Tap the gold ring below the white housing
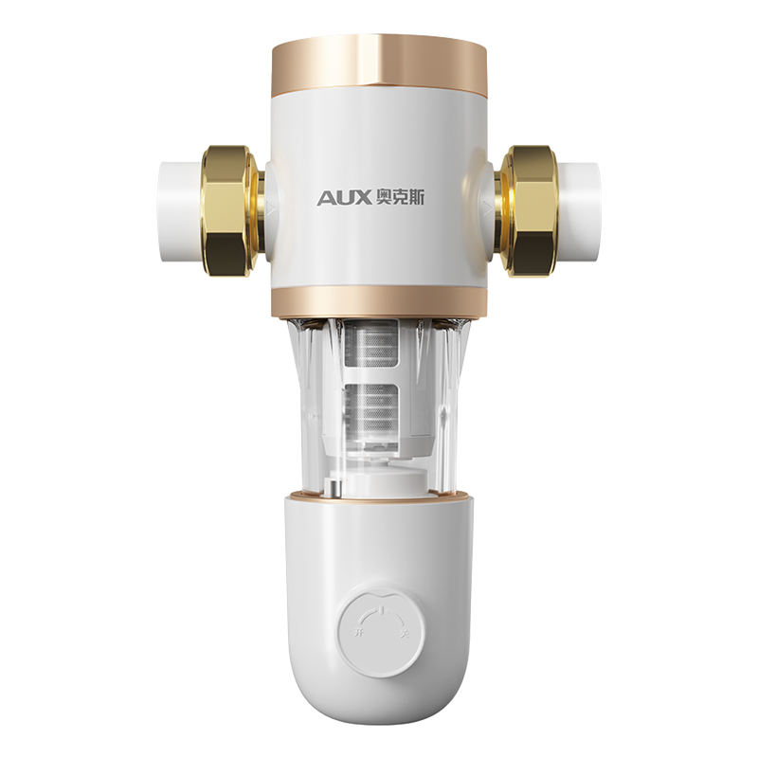point(378,305)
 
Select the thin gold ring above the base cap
point(378,495)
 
